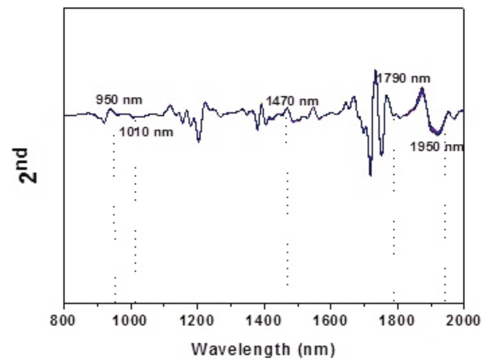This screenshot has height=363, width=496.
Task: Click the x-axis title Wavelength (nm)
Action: pyautogui.click(x=264, y=347)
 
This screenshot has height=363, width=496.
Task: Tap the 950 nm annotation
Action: pyautogui.click(x=119, y=99)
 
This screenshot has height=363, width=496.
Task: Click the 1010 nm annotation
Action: pyautogui.click(x=146, y=132)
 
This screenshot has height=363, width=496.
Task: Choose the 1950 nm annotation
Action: pyautogui.click(x=437, y=147)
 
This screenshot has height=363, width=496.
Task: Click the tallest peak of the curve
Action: pyautogui.click(x=375, y=70)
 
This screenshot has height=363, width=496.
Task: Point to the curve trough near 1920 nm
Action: pyautogui.click(x=435, y=133)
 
